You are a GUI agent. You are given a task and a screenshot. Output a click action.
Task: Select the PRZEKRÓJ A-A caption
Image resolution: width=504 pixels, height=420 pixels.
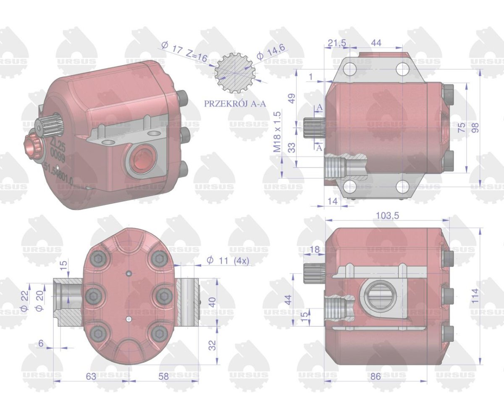click(235, 104)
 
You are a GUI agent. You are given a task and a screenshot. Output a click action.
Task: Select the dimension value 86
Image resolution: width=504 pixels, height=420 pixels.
click(375, 376)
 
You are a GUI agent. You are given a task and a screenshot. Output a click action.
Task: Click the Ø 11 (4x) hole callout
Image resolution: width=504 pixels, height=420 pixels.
click(228, 261)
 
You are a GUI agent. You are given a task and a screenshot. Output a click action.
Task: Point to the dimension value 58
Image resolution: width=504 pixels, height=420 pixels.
click(163, 376)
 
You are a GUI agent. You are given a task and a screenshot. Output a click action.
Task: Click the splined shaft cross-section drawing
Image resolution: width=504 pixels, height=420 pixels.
click(235, 75)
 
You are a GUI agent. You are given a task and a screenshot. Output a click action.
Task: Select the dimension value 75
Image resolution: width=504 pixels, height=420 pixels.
click(461, 127)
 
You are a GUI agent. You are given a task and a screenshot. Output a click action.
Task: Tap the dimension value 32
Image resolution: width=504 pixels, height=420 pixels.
click(213, 345)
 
